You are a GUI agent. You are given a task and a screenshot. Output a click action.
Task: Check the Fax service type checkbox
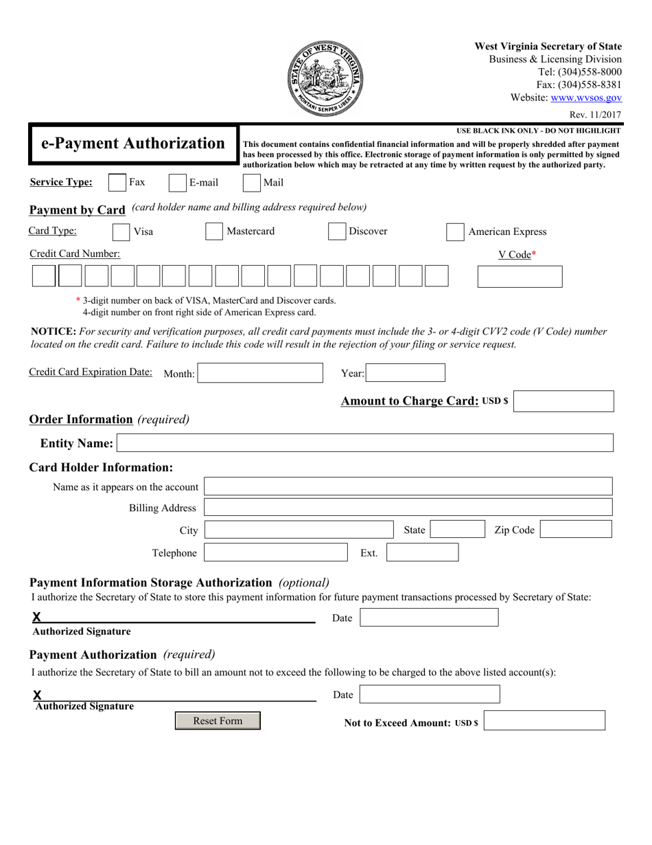coord(117,183)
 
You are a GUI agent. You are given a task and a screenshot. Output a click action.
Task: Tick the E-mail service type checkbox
coord(177,183)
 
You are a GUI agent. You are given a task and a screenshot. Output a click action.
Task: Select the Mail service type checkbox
coord(252,183)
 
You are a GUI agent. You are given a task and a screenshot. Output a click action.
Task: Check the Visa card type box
coord(121,232)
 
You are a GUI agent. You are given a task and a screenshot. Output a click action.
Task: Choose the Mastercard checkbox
coord(214,232)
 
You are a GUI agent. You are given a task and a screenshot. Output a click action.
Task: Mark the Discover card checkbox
coord(336,232)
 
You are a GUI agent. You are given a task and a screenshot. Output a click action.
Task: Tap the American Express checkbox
coord(455,232)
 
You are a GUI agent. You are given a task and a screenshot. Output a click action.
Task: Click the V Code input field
coord(520,276)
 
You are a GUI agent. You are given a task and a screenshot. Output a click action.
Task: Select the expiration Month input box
coord(260,373)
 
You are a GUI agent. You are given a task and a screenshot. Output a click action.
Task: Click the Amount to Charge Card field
coord(563,401)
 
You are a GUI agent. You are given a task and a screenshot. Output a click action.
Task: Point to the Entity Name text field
coord(365,443)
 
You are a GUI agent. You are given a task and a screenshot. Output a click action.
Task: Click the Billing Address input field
coord(408,508)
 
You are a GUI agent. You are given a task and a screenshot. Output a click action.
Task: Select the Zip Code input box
coord(575,529)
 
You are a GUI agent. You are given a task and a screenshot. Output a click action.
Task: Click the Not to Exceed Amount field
coord(545,721)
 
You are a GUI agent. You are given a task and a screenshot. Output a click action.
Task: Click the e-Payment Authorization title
coord(132,144)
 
